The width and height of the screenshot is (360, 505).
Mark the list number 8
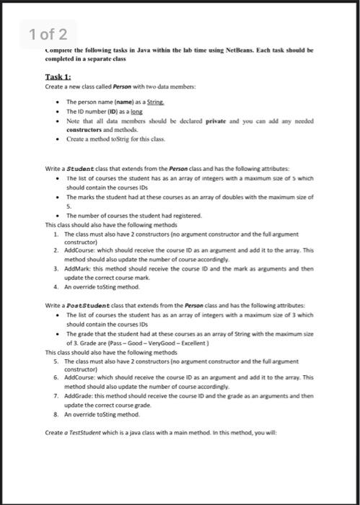[x=56, y=414]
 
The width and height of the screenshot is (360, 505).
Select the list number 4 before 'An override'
[x=56, y=285]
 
